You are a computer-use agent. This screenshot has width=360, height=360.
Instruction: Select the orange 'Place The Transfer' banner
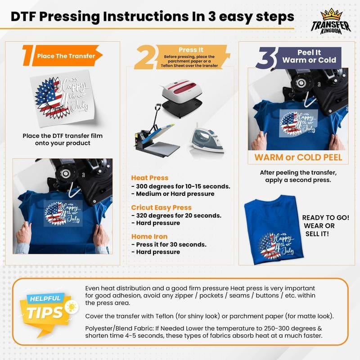click(x=66, y=56)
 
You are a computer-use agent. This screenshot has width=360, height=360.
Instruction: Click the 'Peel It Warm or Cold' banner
click(x=309, y=56)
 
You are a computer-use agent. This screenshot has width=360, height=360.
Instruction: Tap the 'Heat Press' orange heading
click(x=149, y=178)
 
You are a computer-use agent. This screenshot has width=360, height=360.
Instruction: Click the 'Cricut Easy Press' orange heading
click(x=161, y=207)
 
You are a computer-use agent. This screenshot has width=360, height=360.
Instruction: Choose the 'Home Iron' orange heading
click(x=149, y=236)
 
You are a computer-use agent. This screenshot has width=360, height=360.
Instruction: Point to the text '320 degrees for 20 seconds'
click(x=179, y=216)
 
